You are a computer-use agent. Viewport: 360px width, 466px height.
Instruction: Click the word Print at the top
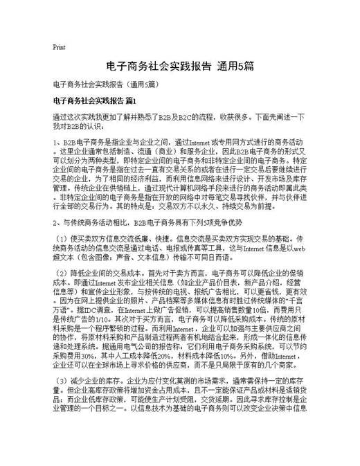[x=59, y=47]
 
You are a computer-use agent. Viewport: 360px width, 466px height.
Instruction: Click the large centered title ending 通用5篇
[x=179, y=66]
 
